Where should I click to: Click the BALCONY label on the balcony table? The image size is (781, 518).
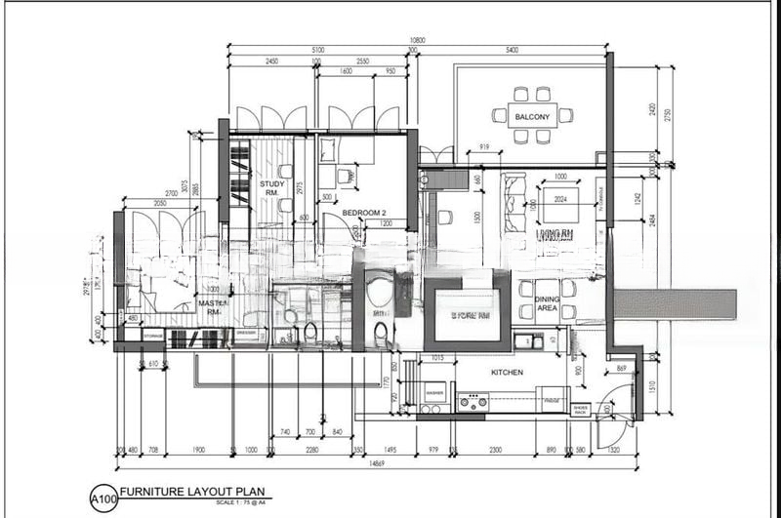pyautogui.click(x=533, y=117)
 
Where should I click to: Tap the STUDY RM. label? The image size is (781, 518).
pyautogui.click(x=271, y=188)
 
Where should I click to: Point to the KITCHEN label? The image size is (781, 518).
pyautogui.click(x=507, y=373)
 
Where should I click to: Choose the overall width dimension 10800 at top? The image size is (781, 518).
pyautogui.click(x=415, y=41)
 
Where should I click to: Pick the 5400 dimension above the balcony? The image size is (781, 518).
pyautogui.click(x=508, y=50)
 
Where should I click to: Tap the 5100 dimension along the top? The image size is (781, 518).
pyautogui.click(x=318, y=50)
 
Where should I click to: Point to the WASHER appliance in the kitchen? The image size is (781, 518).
pyautogui.click(x=435, y=393)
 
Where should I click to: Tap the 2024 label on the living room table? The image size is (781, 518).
pyautogui.click(x=560, y=200)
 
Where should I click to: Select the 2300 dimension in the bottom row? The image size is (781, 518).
pyautogui.click(x=496, y=450)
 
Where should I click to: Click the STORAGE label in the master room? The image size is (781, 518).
pyautogui.click(x=153, y=337)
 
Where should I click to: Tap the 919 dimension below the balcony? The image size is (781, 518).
pyautogui.click(x=482, y=147)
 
